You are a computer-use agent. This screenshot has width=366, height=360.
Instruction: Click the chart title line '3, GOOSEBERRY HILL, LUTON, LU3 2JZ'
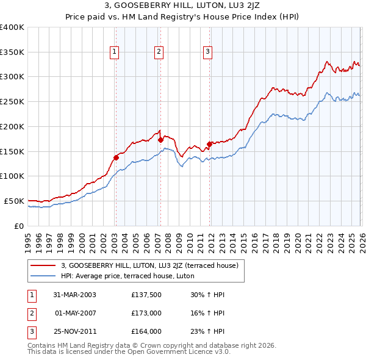(x=182, y=7)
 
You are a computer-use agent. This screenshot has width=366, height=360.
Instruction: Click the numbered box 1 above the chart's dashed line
(x=115, y=52)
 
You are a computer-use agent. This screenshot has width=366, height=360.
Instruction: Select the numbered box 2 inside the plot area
(x=159, y=52)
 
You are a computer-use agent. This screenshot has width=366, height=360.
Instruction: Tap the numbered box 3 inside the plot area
(x=207, y=52)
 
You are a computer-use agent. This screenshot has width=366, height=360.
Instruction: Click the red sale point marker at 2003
(x=116, y=157)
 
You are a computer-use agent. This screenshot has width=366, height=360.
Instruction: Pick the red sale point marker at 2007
(x=160, y=140)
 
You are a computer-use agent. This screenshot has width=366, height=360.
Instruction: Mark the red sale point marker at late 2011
(x=209, y=144)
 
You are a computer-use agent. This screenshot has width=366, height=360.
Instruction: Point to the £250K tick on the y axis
(x=12, y=101)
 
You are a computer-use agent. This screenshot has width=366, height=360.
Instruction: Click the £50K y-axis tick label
(x=14, y=201)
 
